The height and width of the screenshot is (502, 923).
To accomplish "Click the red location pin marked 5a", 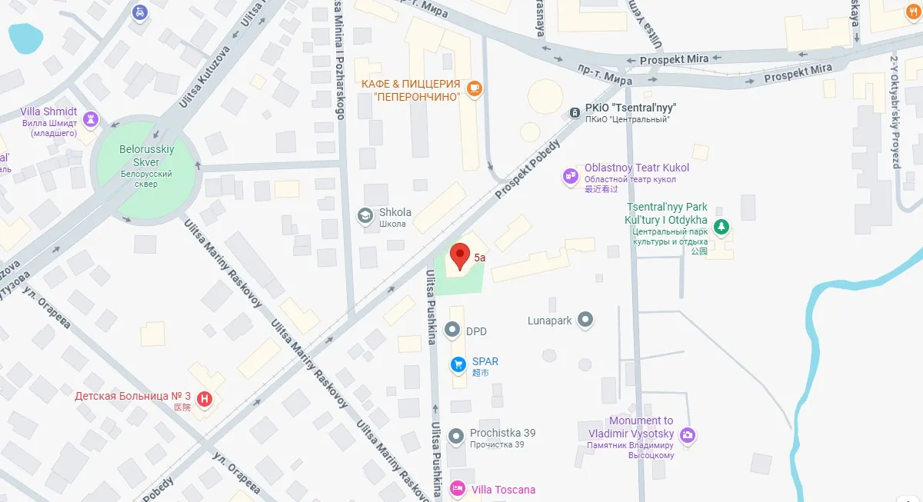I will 459,255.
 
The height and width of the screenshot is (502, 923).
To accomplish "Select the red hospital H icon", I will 205,398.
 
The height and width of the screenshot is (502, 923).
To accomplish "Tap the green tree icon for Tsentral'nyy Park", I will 721,226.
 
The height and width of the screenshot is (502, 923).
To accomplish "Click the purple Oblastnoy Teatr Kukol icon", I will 570,176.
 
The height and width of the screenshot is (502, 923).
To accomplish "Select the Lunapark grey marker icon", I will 586,319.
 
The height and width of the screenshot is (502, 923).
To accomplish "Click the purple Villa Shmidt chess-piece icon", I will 91,118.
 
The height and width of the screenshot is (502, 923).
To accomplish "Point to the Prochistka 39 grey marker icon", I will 457,435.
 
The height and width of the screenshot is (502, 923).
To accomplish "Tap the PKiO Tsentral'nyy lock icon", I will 574,113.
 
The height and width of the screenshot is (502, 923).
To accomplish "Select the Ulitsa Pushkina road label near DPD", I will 432,308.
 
